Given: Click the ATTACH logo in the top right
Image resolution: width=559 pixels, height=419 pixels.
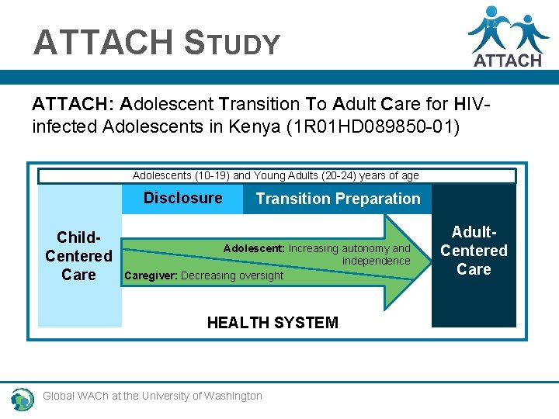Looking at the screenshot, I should coord(509,36).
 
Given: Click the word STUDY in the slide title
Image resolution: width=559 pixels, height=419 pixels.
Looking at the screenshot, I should coord(232,43).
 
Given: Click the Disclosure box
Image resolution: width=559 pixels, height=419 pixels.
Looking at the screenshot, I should coord(182,199).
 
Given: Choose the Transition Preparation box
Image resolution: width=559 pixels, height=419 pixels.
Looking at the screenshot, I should coord(338,199).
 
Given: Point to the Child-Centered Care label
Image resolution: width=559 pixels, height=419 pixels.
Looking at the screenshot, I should coord(78,256).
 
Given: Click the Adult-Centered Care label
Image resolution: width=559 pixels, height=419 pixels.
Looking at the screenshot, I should coord(474,251).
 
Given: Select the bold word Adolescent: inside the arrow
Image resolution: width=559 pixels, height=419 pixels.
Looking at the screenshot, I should coord(254,248).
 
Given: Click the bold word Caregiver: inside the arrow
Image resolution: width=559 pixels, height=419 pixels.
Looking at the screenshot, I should coord(151,275).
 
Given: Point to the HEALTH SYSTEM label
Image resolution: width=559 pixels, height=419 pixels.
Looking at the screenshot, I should coord(273,323).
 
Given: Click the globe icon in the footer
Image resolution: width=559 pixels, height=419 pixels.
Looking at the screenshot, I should coord(23,398).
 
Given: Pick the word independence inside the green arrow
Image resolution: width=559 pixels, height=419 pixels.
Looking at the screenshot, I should coord(376,261).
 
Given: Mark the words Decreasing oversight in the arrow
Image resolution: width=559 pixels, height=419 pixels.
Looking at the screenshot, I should coord(232,275).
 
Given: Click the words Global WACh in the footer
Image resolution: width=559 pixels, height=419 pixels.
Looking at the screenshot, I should coord(76,396).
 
